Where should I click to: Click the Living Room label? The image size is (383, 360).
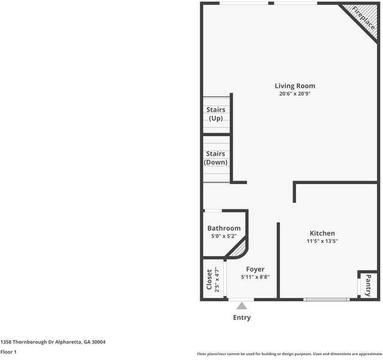(294, 86)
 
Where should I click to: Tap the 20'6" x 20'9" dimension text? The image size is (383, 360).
(294, 94)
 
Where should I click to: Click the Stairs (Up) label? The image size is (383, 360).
(216, 114)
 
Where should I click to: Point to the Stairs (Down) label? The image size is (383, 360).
(216, 158)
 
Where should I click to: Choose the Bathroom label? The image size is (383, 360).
(224, 229)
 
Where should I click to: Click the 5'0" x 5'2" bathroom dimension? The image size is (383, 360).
(224, 236)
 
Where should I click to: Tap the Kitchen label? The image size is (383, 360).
(322, 233)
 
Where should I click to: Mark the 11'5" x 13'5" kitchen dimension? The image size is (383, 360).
(322, 241)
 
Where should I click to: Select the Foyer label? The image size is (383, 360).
(255, 269)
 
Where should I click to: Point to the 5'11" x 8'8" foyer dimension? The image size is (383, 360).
(255, 277)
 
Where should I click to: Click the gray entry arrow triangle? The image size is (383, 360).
(241, 305)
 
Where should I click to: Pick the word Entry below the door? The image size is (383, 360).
(241, 317)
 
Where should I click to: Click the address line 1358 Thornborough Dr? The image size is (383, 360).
(53, 341)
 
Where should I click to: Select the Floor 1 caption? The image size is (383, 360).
(8, 352)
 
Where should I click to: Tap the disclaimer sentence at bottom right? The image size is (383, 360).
(289, 353)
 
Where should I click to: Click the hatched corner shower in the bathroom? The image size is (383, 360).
(240, 248)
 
